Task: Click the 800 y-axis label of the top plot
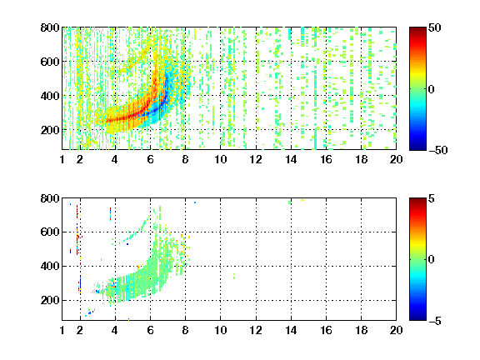[x=50, y=27]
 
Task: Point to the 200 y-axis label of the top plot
[x=50, y=130]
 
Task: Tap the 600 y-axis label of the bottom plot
[x=50, y=232]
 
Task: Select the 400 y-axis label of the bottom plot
[x=50, y=266]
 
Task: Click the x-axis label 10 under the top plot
[x=220, y=159]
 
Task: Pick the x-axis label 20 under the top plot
[x=396, y=159]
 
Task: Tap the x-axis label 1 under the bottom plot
[x=62, y=330]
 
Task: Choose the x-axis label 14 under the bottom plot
[x=291, y=330]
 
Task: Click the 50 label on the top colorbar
[x=434, y=27]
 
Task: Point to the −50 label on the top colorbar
[x=438, y=150]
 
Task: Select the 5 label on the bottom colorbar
[x=432, y=198]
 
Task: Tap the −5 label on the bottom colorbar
[x=435, y=321]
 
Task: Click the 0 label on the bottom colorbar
[x=432, y=260]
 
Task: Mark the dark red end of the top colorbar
[x=417, y=28]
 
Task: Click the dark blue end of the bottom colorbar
[x=417, y=319]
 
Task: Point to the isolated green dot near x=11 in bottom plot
[x=234, y=276]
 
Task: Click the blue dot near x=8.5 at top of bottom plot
[x=195, y=202]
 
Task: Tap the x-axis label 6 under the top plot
[x=150, y=159]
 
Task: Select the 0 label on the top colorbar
[x=432, y=89]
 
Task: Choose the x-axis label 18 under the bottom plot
[x=361, y=330]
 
